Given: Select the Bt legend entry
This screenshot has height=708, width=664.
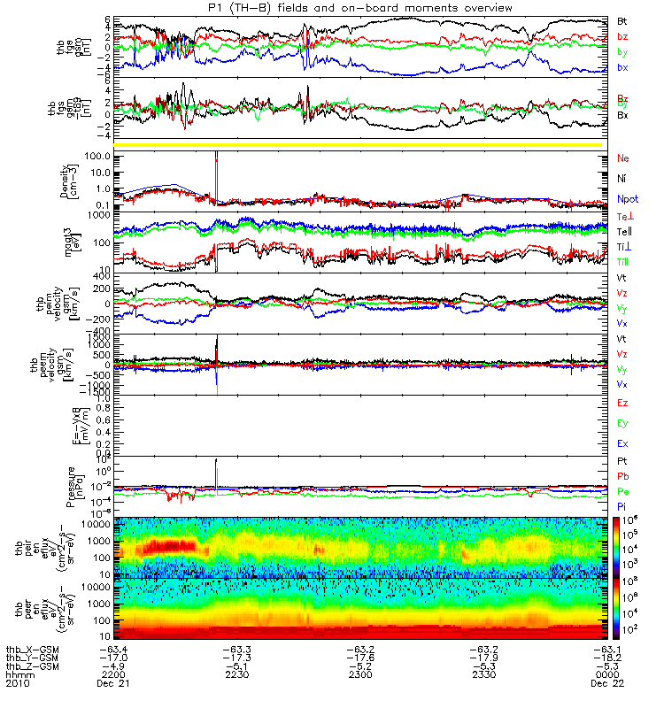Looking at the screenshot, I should coord(622,19).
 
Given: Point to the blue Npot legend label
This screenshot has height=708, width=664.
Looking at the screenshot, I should coord(627,200).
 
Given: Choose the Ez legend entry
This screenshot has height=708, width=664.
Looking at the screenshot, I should coord(622,404).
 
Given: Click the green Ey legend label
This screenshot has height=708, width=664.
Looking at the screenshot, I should coord(622,424).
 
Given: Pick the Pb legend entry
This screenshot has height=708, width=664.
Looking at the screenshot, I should coord(622,475).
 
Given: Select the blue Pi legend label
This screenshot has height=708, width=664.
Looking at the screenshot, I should coord(622,505).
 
